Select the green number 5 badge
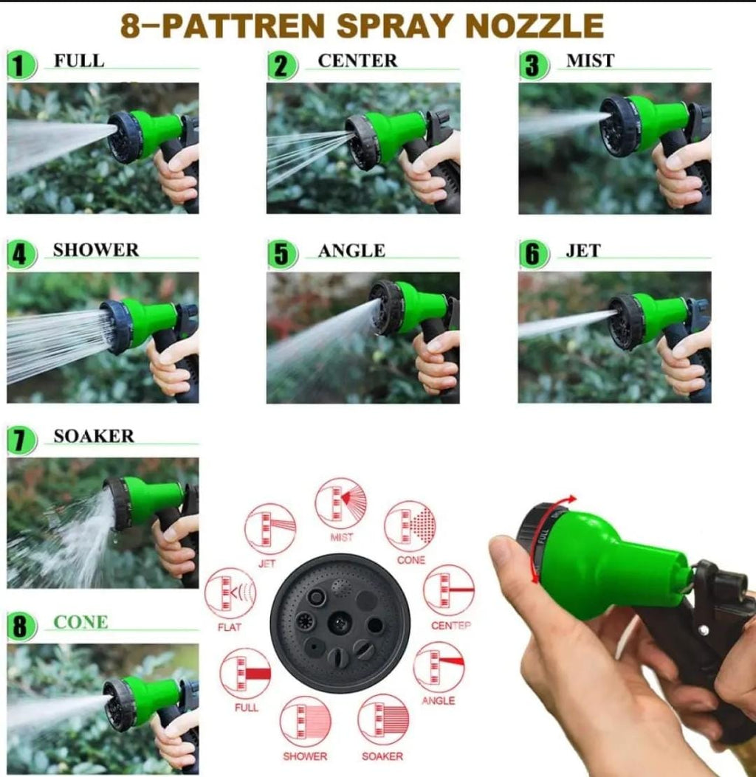pos(282,255)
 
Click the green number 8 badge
pos(21,627)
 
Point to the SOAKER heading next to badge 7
pos(94,436)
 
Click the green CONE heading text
pos(80,623)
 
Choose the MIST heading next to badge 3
pos(590,61)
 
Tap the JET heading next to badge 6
pos(583,251)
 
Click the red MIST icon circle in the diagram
pos(340,503)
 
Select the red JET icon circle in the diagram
pos(269,528)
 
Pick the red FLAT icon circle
pos(230,593)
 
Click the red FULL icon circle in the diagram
pos(245,673)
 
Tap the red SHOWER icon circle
pos(305,721)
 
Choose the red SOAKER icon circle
pos(382,720)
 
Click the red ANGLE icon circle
pos(439,666)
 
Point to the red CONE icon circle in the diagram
pos(410,525)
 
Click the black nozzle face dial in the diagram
pos(340,624)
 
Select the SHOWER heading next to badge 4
pos(95,250)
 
